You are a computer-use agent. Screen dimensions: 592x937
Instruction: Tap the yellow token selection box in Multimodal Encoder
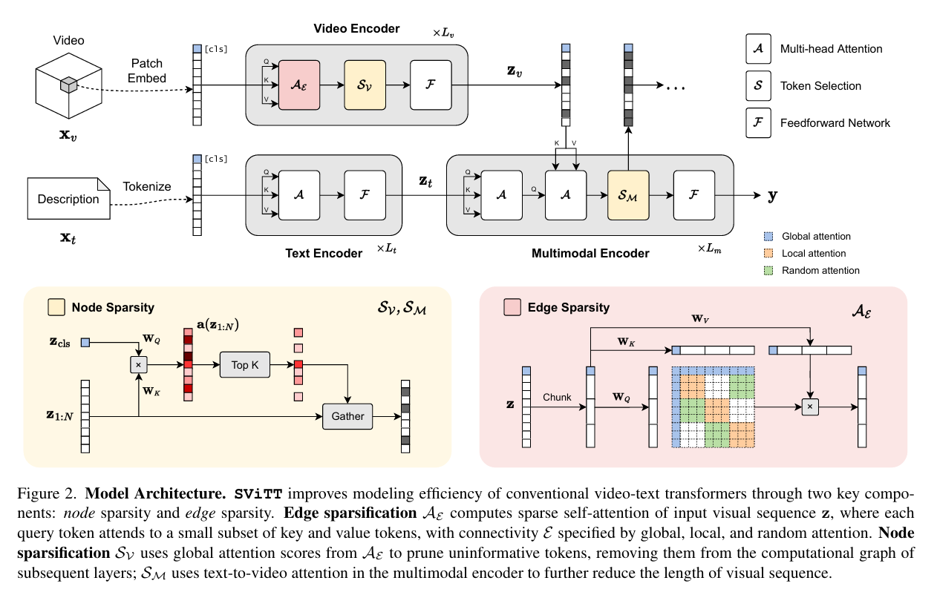pos(628,195)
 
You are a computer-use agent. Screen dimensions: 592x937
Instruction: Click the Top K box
pos(244,366)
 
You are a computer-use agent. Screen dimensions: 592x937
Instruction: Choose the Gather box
pos(347,416)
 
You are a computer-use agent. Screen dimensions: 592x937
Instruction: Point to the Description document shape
pos(68,199)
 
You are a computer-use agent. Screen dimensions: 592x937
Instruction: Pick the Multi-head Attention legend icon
pos(757,49)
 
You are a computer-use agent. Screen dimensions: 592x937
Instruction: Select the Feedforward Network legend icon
pos(757,123)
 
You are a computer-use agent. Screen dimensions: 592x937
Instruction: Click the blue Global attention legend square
pos(768,237)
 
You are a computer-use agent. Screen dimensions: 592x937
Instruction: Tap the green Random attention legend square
pos(768,271)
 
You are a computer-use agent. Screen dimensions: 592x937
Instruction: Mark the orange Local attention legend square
pos(768,254)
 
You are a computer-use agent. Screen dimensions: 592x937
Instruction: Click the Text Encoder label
pos(324,254)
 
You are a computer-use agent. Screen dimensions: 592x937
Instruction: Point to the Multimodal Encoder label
pos(590,254)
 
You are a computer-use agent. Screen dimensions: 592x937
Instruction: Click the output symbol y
pos(772,196)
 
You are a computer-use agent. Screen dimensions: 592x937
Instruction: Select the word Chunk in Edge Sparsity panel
pos(557,397)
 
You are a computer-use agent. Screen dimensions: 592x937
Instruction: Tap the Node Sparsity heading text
pos(113,307)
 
